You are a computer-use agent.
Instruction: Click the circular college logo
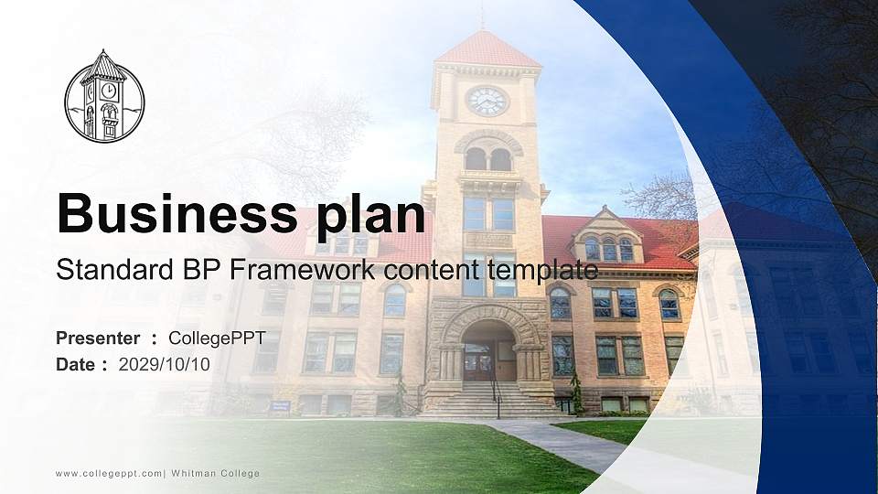coord(104,97)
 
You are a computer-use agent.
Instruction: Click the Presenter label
coord(98,338)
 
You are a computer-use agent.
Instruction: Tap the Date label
coord(76,364)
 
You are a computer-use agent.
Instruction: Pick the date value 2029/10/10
coord(165,364)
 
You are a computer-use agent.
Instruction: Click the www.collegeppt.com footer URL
coord(108,473)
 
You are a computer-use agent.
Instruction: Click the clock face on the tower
coord(487,101)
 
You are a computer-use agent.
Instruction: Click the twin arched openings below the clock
coord(487,157)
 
